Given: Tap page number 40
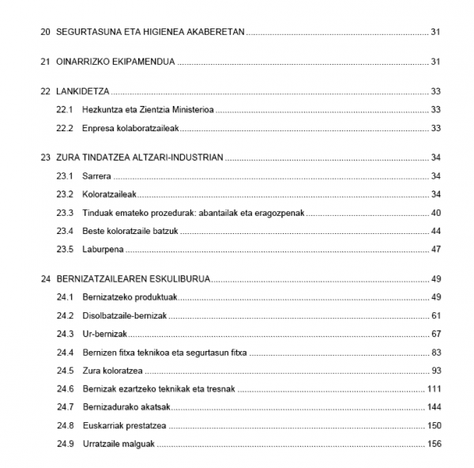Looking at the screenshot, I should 435,213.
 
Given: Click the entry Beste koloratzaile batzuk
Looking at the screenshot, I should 129,231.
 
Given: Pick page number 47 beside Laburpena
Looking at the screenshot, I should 435,250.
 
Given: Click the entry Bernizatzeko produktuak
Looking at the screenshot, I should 129,297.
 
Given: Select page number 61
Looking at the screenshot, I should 435,316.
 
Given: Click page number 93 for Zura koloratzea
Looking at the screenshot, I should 435,371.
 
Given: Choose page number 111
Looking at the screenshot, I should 433,389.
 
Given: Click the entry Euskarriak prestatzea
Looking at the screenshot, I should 125,425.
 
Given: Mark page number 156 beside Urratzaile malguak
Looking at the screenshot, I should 433,444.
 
